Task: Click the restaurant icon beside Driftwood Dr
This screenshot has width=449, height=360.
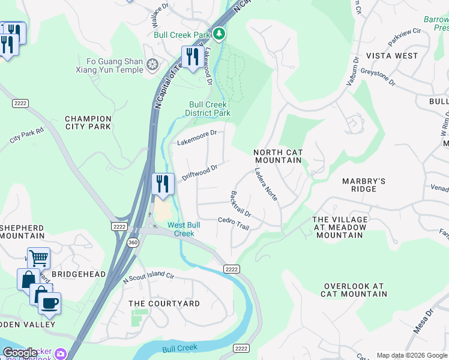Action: coord(162,183)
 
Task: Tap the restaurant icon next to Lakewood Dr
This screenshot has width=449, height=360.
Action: coord(191,57)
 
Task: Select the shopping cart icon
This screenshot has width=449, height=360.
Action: coord(38,259)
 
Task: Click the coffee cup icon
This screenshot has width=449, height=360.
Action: coord(50,303)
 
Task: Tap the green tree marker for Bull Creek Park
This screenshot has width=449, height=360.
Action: coord(220,34)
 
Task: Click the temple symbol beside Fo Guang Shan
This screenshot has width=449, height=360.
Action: coord(152,64)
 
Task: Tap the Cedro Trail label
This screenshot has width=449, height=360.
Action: coord(233,223)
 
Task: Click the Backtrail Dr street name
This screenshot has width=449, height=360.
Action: coord(239,204)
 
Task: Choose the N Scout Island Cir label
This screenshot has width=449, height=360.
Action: coord(148,278)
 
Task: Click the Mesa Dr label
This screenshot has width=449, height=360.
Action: coord(423,322)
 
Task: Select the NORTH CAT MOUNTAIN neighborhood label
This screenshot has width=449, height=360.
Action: coord(278,157)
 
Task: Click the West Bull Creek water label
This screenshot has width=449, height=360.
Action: coord(184,229)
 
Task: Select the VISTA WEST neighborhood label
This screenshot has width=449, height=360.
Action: coord(392,56)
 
